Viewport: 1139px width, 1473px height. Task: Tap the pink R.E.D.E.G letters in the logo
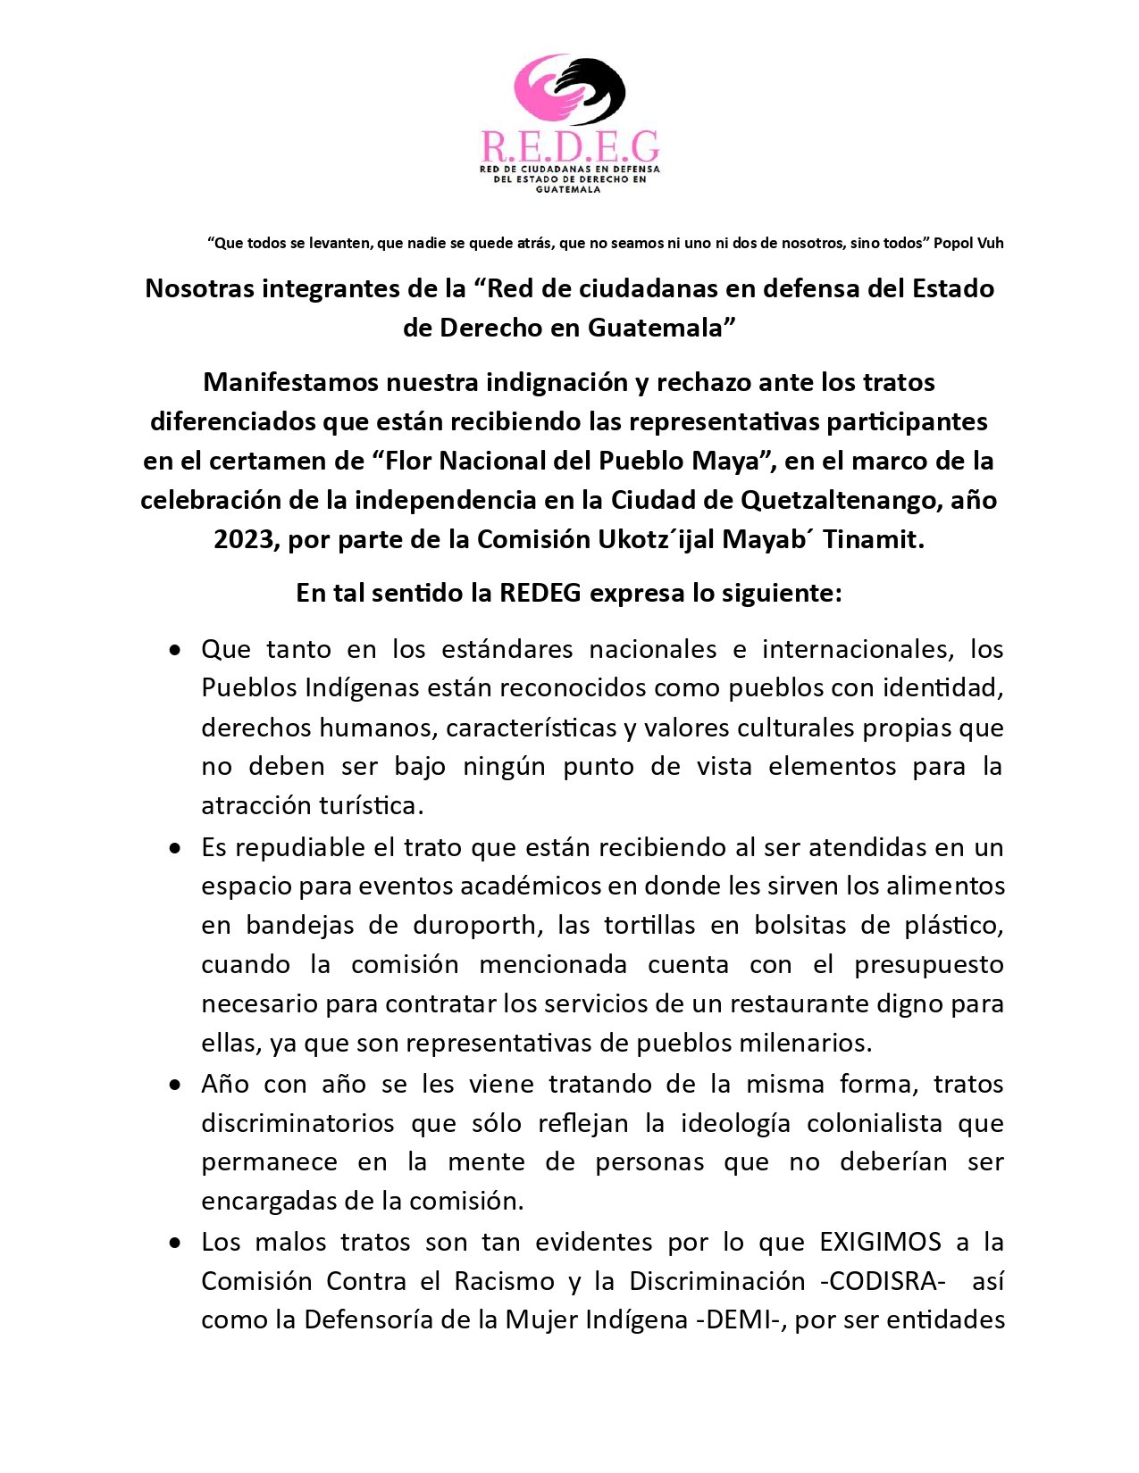570,146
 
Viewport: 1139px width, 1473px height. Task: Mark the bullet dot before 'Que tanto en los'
175,649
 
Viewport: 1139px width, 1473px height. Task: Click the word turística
371,805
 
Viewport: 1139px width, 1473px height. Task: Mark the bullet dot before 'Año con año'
175,1085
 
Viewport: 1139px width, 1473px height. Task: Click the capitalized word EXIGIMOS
880,1242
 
